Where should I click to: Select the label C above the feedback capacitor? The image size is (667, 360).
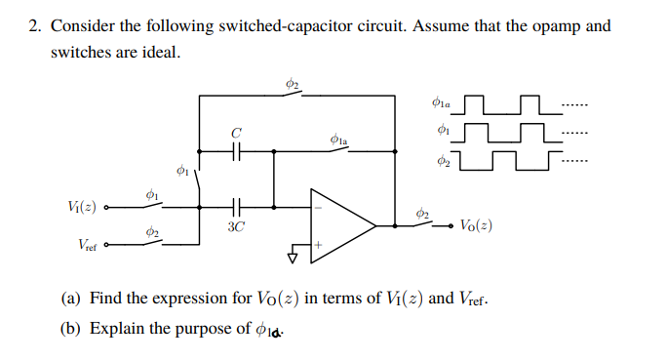[235, 131]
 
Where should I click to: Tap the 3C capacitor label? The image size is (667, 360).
[235, 225]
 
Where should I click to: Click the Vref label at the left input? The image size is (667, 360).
[85, 247]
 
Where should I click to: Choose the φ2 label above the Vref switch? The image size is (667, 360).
[150, 232]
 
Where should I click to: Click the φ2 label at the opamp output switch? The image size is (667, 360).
[420, 212]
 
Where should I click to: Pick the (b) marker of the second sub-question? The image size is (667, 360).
[70, 328]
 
